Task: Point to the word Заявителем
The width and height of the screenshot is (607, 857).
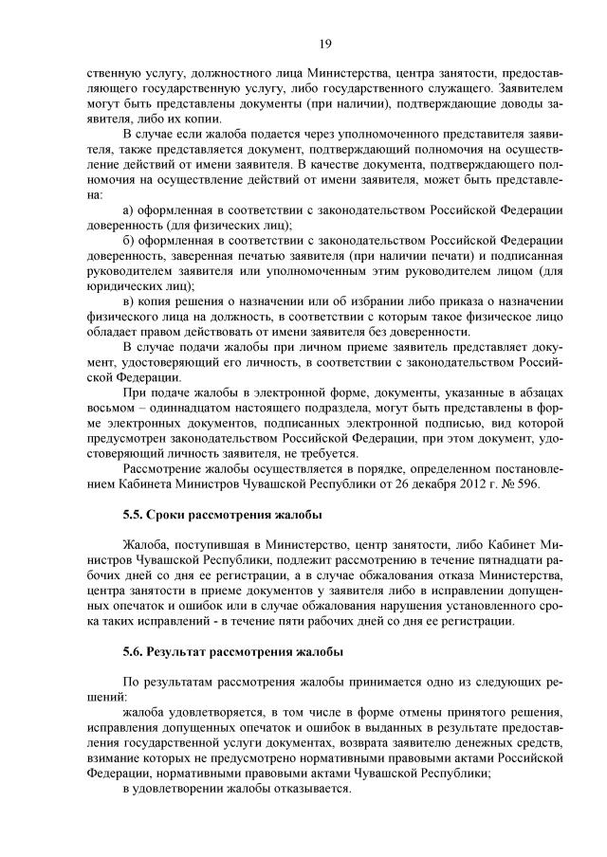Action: (x=531, y=89)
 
